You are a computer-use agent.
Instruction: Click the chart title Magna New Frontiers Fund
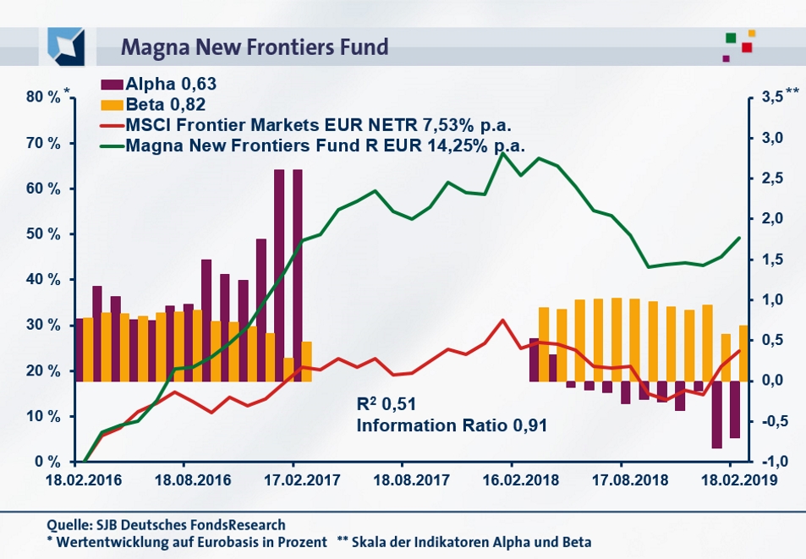[x=255, y=46]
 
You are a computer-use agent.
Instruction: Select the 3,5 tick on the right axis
[x=771, y=97]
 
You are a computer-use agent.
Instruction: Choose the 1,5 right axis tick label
[x=771, y=260]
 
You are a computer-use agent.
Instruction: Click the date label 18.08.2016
[x=193, y=479]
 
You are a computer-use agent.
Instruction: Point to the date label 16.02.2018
[x=512, y=479]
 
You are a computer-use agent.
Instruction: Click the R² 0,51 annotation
[x=387, y=403]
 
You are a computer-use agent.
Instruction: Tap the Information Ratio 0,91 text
[x=451, y=425]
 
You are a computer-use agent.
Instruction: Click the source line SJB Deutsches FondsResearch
[x=166, y=524]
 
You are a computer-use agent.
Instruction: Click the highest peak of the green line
[x=504, y=153]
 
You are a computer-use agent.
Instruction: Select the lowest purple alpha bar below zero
[x=717, y=414]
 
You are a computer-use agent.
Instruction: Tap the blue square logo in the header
[x=66, y=47]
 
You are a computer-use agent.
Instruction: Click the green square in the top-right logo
[x=730, y=38]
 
